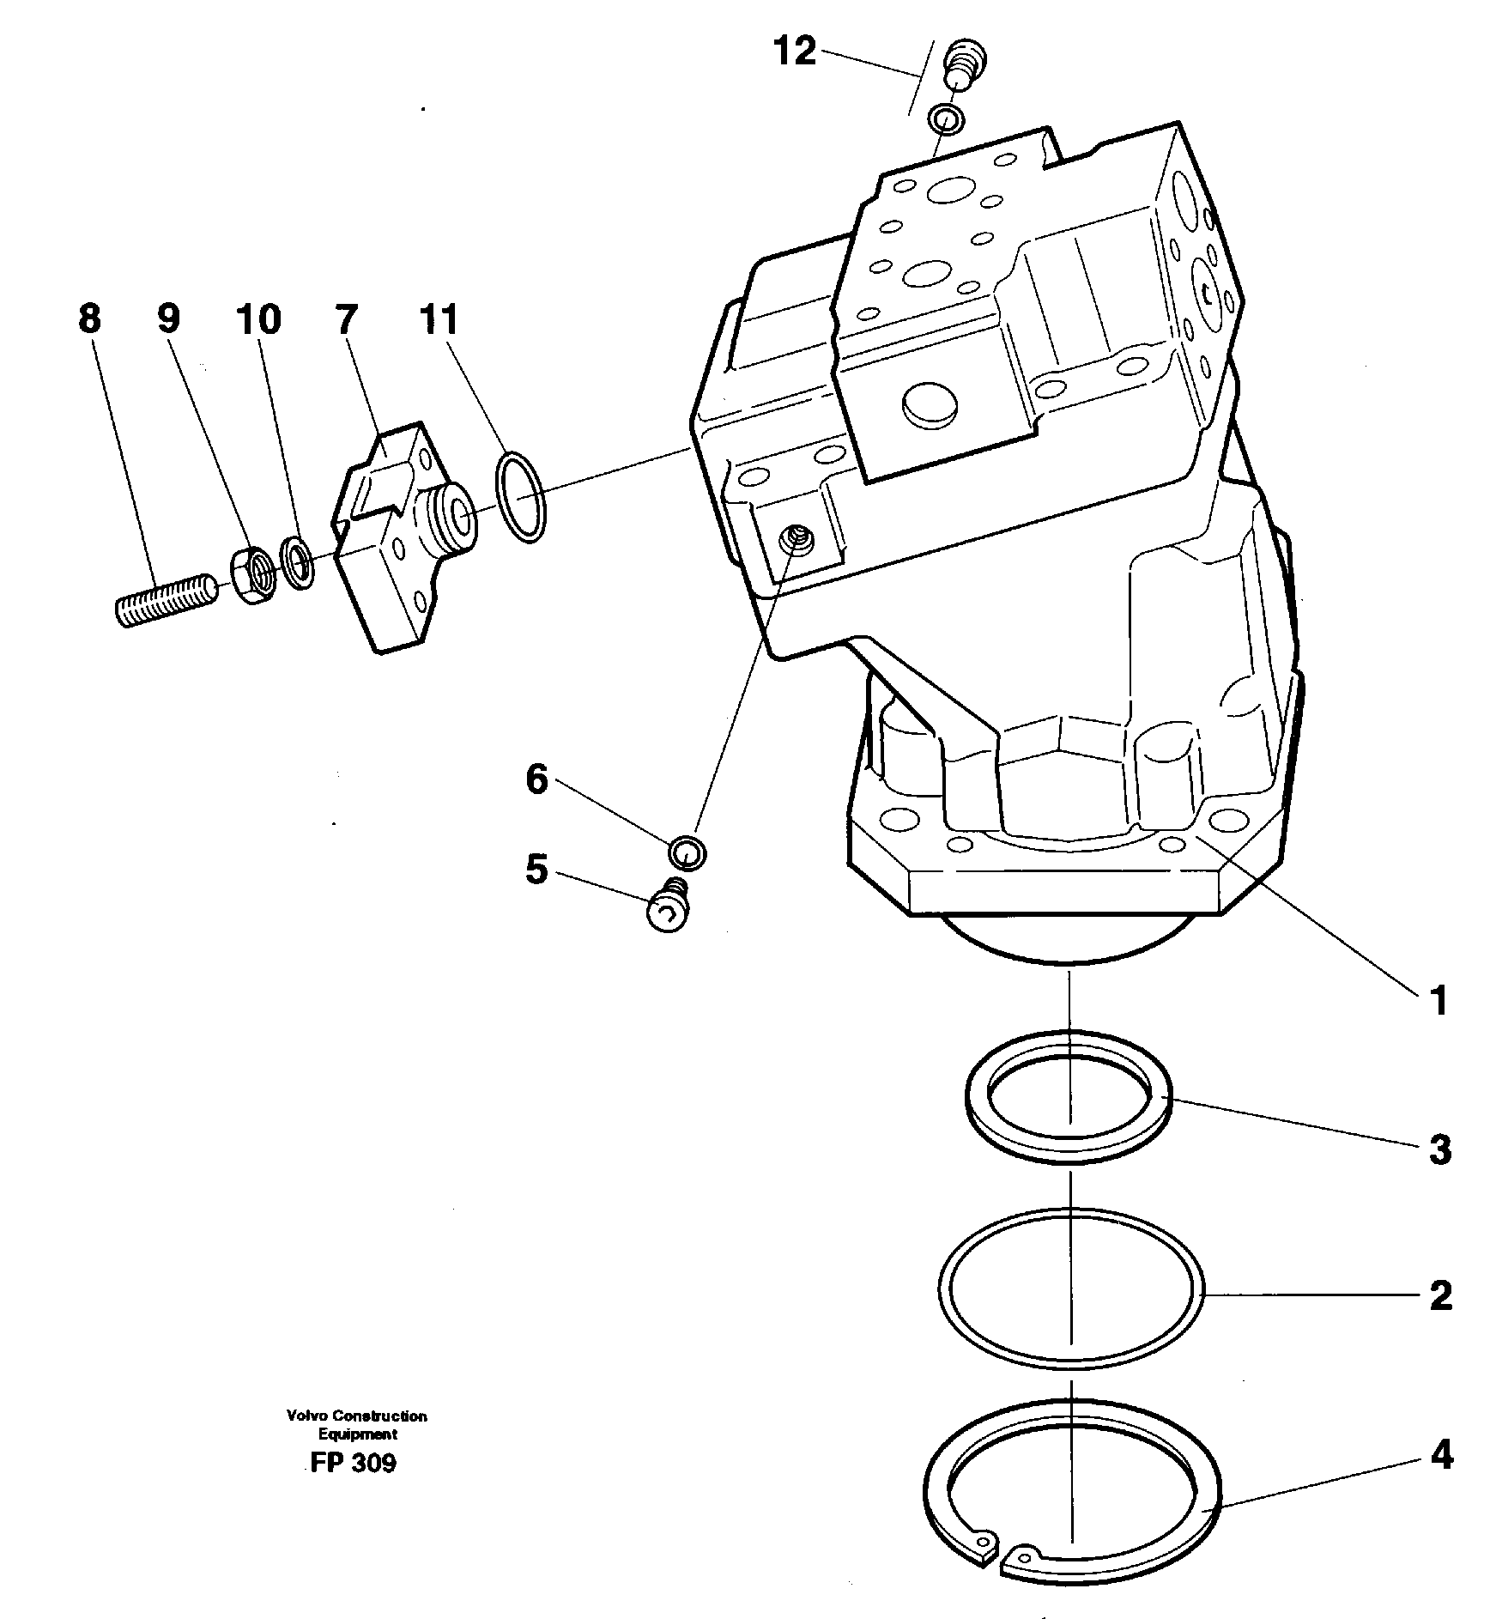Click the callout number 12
tap(795, 52)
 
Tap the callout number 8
tap(89, 319)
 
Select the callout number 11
tap(439, 319)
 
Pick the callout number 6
tap(536, 780)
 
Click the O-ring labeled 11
tap(521, 497)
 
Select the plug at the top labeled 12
tap(965, 67)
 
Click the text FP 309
tap(354, 1463)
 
